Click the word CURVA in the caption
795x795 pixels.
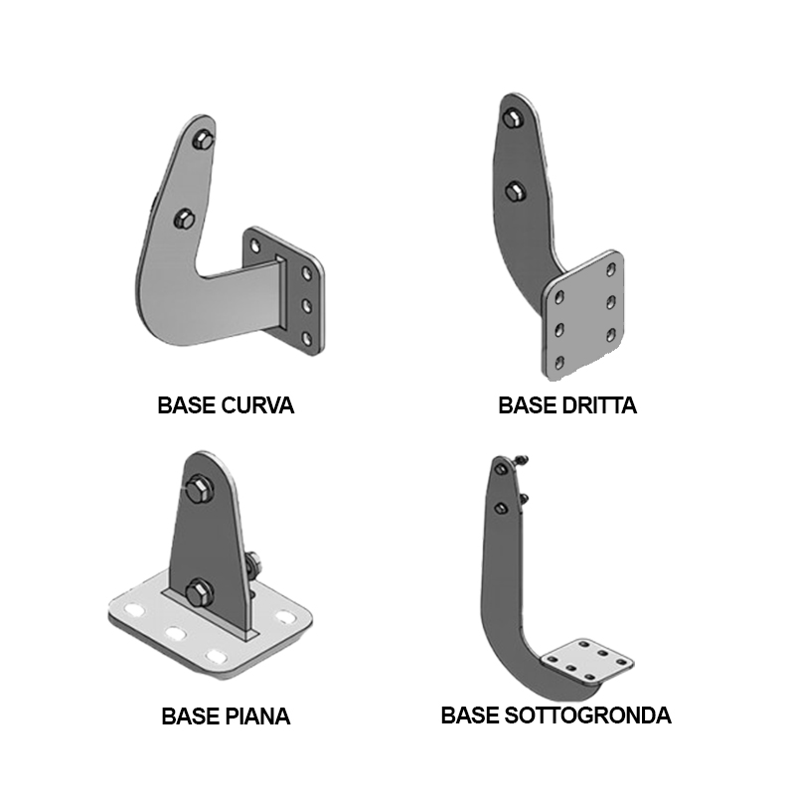pyautogui.click(x=257, y=405)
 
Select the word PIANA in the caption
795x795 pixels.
pyautogui.click(x=257, y=716)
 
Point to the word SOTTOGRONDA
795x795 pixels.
pyautogui.click(x=587, y=715)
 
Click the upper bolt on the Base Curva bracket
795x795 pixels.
pyautogui.click(x=203, y=139)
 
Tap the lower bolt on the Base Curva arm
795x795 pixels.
pyautogui.click(x=184, y=220)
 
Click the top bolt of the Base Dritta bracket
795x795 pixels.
pyautogui.click(x=514, y=118)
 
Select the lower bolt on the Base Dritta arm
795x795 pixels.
pyautogui.click(x=516, y=191)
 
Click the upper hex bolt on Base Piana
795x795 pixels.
pyautogui.click(x=199, y=489)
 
